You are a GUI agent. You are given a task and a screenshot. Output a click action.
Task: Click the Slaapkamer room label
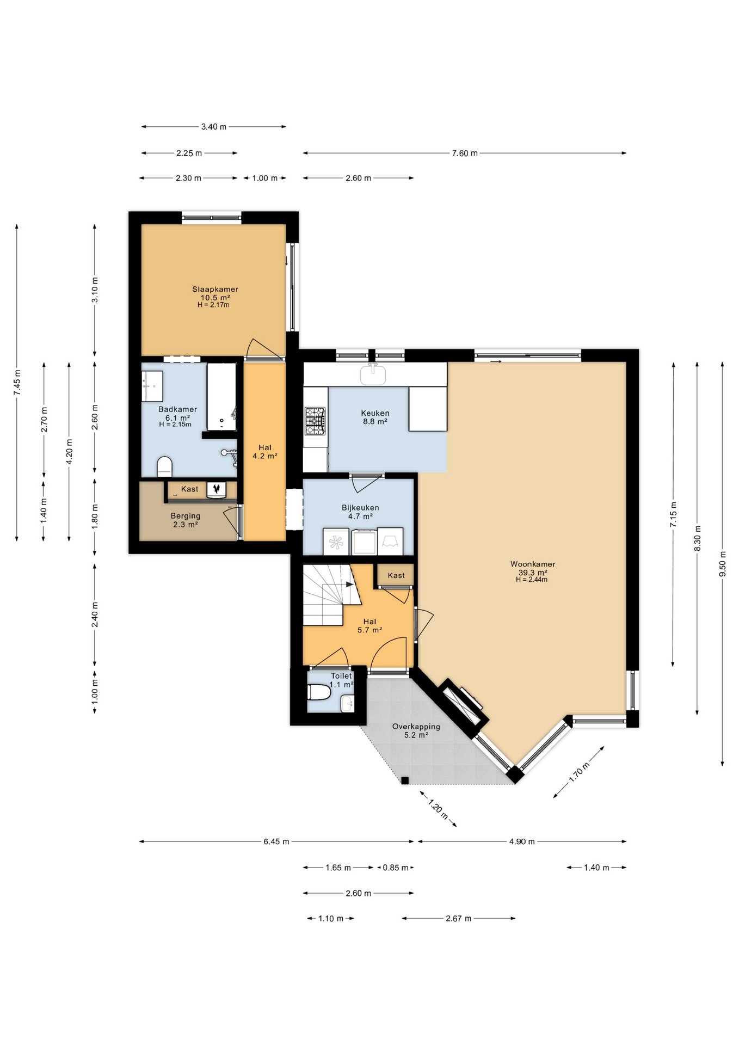(215, 289)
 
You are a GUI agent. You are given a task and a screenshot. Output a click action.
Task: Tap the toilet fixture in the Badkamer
(164, 467)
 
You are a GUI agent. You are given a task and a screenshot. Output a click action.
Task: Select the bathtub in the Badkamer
(222, 397)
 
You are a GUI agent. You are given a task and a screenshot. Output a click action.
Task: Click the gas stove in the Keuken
(315, 421)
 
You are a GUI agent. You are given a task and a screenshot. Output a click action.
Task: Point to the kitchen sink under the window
(373, 374)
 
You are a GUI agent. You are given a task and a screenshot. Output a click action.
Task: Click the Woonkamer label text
(533, 564)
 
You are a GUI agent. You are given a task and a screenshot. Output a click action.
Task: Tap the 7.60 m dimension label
(465, 153)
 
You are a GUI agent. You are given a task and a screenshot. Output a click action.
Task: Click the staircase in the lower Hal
(330, 594)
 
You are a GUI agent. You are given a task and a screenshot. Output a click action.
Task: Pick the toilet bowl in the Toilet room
(319, 692)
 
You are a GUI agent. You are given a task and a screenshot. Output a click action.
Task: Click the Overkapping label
(416, 726)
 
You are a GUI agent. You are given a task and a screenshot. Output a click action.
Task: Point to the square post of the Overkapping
(405, 780)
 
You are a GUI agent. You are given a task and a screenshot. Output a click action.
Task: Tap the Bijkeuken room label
(360, 507)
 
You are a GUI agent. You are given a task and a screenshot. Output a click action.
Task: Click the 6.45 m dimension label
(276, 841)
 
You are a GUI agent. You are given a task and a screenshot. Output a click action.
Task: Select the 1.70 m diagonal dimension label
(579, 772)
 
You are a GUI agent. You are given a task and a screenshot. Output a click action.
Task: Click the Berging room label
(186, 515)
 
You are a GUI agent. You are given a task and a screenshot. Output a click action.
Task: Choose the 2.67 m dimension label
(459, 918)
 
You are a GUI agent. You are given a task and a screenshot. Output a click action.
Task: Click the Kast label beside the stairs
(396, 575)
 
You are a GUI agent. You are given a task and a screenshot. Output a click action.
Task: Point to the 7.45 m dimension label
(17, 383)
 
